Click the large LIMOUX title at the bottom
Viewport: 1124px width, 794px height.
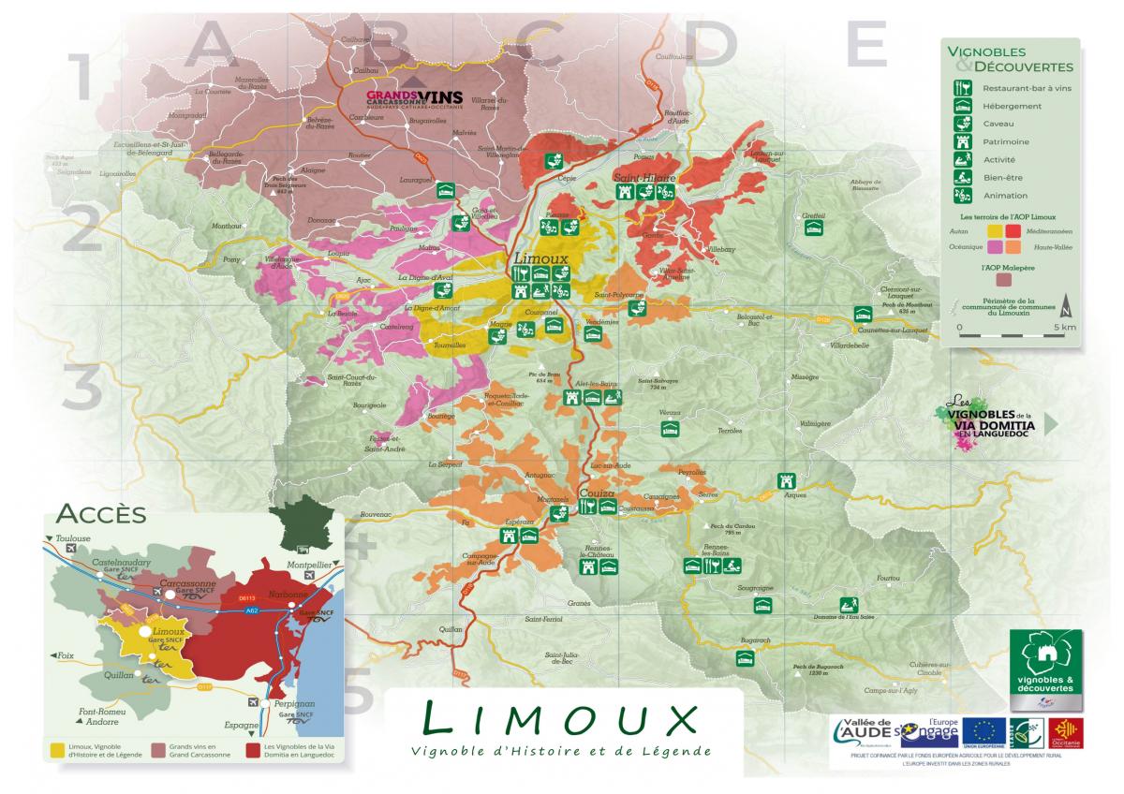pyautogui.click(x=560, y=719)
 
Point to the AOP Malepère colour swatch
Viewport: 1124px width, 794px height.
pyautogui.click(x=1004, y=279)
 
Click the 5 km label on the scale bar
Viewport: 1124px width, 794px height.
pyautogui.click(x=1065, y=328)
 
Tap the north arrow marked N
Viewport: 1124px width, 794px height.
pyautogui.click(x=1064, y=307)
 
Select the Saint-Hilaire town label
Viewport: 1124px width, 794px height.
pyautogui.click(x=638, y=177)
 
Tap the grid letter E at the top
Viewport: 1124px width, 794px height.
pyautogui.click(x=865, y=43)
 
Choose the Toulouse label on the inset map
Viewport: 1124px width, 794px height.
pyautogui.click(x=73, y=538)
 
